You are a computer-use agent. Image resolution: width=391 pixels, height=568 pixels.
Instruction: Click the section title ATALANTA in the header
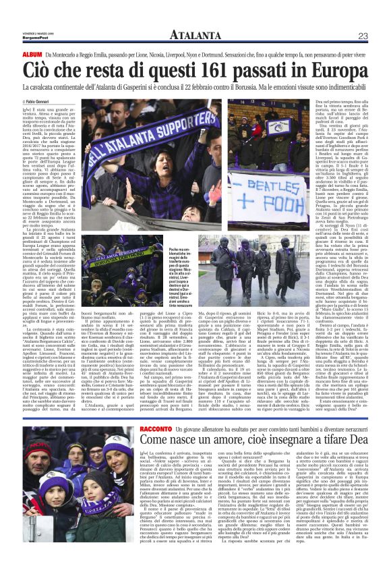(x=195, y=34)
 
